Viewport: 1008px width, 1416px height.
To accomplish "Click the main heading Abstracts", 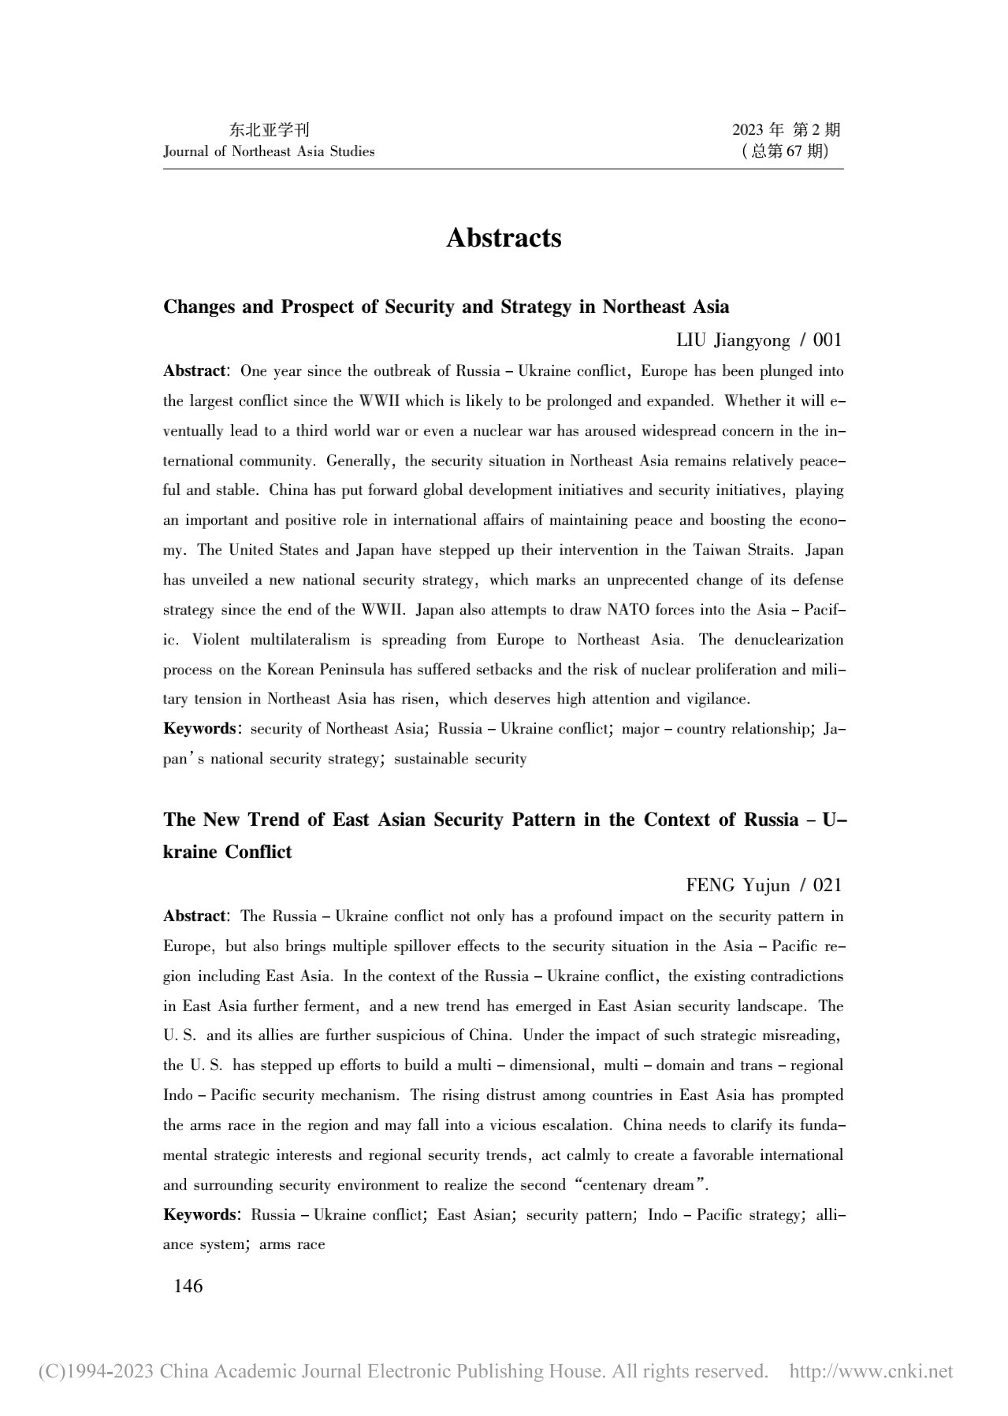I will pos(504,238).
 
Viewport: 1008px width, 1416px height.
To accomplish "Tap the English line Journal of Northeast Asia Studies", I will pos(269,151).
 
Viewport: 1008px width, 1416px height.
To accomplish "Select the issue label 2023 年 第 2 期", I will pos(787,131).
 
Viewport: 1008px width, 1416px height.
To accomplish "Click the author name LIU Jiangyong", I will pos(733,340).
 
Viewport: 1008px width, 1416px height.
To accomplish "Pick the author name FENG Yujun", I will pos(738,886).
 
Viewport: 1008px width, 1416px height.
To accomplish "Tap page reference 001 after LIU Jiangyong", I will pos(827,340).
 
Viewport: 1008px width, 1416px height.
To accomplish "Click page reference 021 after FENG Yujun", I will pos(827,886).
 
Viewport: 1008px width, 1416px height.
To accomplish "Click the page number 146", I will pos(188,1286).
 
